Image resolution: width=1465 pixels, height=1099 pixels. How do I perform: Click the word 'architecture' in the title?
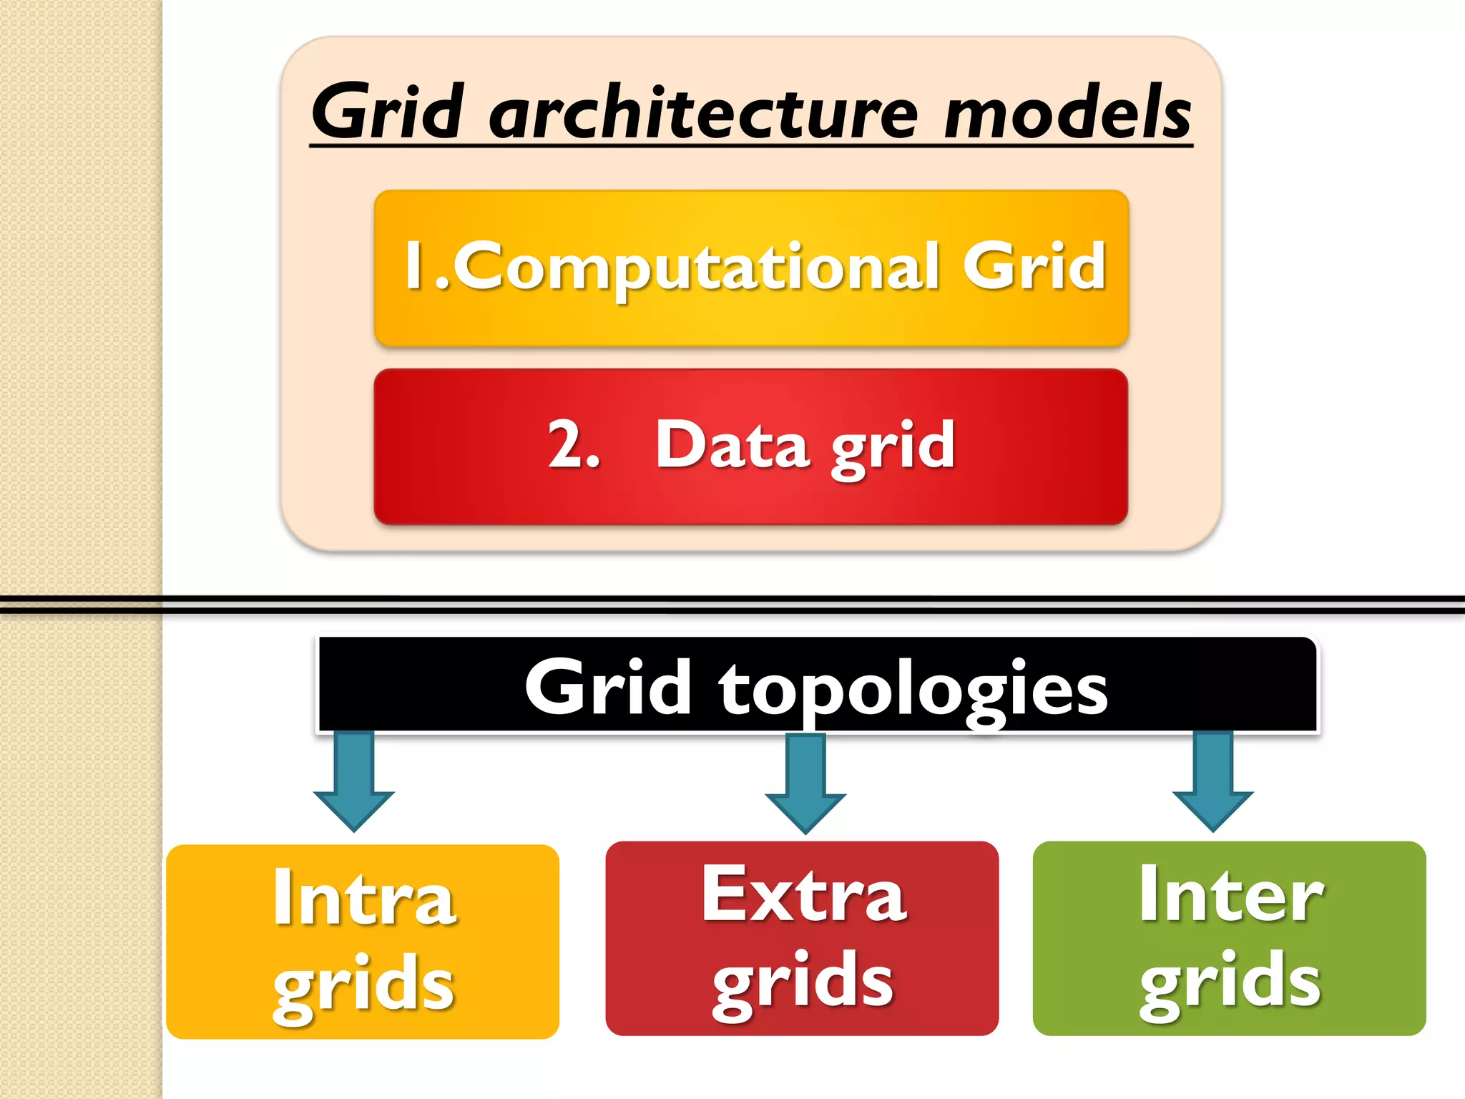click(702, 113)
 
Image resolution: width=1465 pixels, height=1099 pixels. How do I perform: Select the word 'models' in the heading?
click(1067, 113)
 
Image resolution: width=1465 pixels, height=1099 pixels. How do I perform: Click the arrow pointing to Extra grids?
click(805, 783)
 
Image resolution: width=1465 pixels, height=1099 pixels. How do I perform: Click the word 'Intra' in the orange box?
click(363, 897)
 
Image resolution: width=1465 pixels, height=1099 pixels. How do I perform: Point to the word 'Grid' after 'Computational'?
click(1034, 266)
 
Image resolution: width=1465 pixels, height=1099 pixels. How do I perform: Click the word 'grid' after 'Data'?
click(893, 446)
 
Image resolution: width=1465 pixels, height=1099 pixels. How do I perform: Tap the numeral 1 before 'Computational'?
click(413, 265)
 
